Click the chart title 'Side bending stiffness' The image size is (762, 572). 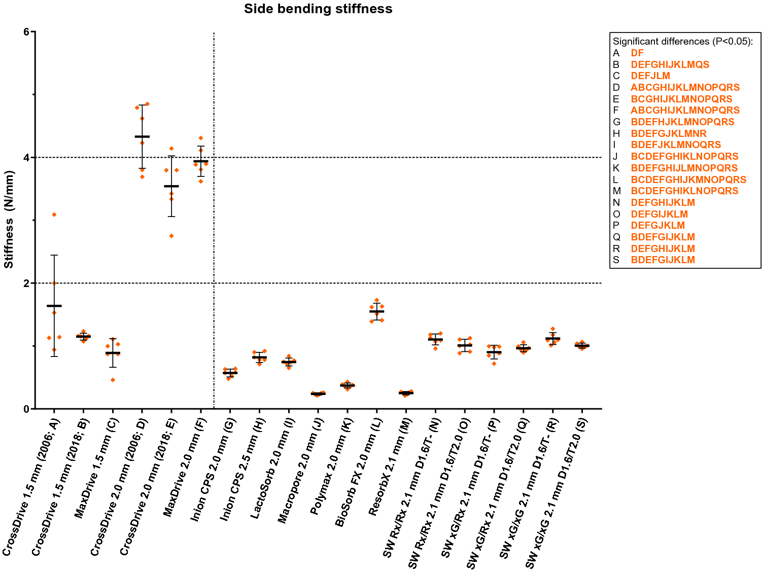pyautogui.click(x=318, y=9)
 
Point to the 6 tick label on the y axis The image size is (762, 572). pyautogui.click(x=26, y=32)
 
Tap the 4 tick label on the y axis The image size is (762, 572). pyautogui.click(x=26, y=158)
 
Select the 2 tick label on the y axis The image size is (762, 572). pyautogui.click(x=26, y=283)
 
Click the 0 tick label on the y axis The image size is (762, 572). pyautogui.click(x=26, y=409)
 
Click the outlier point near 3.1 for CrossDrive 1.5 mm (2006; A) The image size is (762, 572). pyautogui.click(x=54, y=214)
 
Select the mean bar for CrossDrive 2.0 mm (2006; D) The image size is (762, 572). pyautogui.click(x=142, y=136)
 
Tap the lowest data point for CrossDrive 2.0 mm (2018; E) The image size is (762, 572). pyautogui.click(x=171, y=236)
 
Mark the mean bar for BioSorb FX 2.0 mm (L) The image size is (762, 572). pyautogui.click(x=376, y=311)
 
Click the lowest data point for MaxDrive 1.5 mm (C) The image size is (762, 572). pyautogui.click(x=113, y=380)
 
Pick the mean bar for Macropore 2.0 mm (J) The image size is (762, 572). pyautogui.click(x=318, y=394)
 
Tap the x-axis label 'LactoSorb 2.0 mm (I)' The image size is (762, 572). pyautogui.click(x=272, y=469)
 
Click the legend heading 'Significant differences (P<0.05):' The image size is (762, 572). pyautogui.click(x=683, y=42)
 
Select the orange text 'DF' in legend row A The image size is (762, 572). pyautogui.click(x=637, y=53)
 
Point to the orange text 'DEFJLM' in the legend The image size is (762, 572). pyautogui.click(x=650, y=76)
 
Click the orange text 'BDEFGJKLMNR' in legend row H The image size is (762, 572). pyautogui.click(x=669, y=133)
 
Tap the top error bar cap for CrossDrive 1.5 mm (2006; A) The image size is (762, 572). pyautogui.click(x=54, y=255)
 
